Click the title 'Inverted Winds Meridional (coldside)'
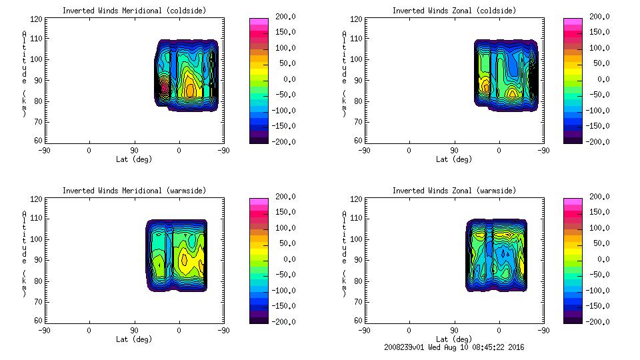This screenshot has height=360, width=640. pyautogui.click(x=134, y=11)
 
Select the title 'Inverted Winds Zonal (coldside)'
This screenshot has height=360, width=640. pyautogui.click(x=454, y=11)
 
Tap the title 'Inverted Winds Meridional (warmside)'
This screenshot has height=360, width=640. pyautogui.click(x=134, y=191)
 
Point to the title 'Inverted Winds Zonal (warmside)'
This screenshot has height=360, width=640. pyautogui.click(x=454, y=191)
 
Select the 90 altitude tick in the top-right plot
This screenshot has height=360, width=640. pyautogui.click(x=359, y=80)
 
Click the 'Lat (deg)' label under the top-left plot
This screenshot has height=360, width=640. pyautogui.click(x=134, y=159)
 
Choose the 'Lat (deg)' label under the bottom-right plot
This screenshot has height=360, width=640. pyautogui.click(x=454, y=339)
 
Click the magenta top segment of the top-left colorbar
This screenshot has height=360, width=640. pyautogui.click(x=258, y=21)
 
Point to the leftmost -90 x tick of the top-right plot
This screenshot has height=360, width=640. pyautogui.click(x=364, y=150)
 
